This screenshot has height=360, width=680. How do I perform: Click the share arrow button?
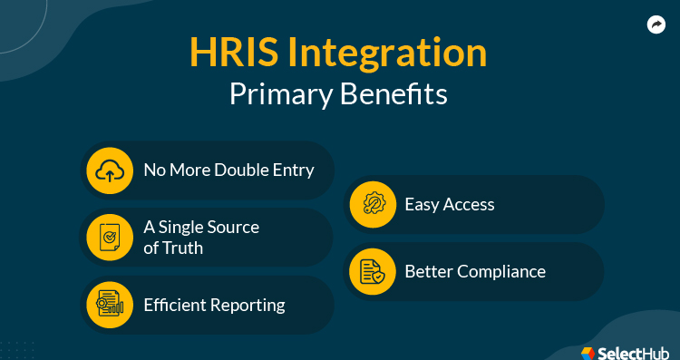tap(656, 25)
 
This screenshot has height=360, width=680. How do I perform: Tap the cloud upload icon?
tap(110, 170)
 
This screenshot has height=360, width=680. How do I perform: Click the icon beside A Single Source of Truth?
tap(110, 237)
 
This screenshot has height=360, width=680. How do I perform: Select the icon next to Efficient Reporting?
tap(110, 305)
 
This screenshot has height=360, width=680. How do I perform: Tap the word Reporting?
tap(249, 306)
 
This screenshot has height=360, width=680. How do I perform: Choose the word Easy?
tap(423, 205)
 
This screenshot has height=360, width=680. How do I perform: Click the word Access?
tap(469, 204)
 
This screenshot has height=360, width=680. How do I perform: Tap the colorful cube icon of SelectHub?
tap(588, 349)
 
